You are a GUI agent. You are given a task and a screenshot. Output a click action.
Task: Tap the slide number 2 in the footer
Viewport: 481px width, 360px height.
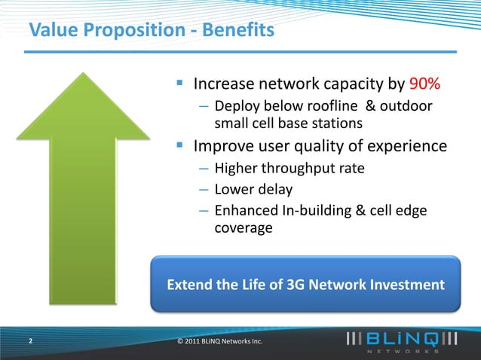(30, 341)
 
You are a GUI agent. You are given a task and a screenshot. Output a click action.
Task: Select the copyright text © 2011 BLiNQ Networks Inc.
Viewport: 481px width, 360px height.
(219, 342)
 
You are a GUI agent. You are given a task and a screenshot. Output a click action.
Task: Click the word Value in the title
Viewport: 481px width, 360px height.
(51, 32)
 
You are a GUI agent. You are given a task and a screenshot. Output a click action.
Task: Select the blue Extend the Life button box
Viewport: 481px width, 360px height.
(305, 285)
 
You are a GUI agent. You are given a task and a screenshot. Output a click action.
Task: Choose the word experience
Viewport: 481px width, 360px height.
(408, 145)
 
